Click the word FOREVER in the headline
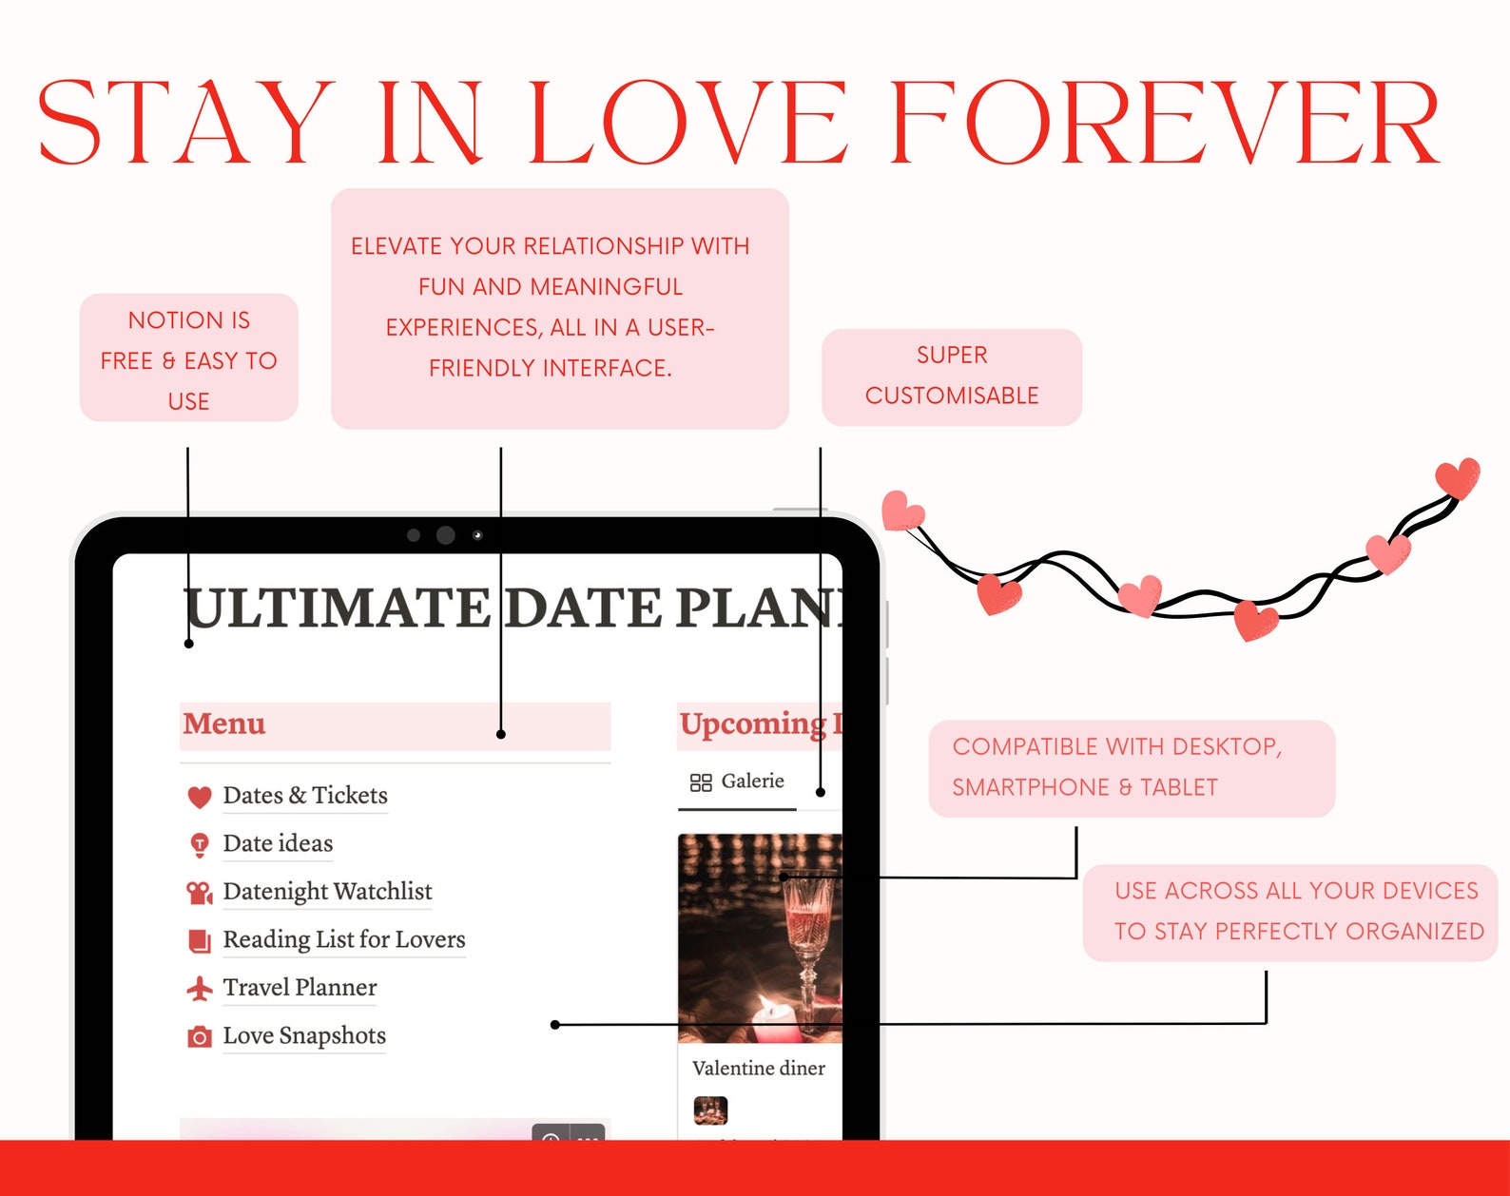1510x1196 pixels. coord(1164,124)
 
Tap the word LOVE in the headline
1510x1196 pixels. coord(687,124)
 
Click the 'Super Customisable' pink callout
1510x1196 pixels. coord(952,376)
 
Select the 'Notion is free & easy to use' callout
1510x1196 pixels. coord(188,358)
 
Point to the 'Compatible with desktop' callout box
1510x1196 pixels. coord(1131,768)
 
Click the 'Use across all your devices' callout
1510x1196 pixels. coord(1290,912)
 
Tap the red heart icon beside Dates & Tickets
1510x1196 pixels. coord(200,797)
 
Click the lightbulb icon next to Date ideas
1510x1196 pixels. coord(200,844)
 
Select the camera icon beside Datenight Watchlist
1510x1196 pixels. coord(200,892)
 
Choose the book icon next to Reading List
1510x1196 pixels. coord(200,940)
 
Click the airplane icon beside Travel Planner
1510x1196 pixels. coord(200,989)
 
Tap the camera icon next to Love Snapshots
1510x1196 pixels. coord(200,1036)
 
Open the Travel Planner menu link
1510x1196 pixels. coord(300,988)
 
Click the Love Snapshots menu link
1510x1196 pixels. coord(304,1035)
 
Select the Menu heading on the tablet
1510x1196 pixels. coord(224,723)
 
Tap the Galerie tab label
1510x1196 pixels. coord(752,781)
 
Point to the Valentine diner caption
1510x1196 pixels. coord(758,1068)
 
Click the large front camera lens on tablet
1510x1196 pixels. coord(445,535)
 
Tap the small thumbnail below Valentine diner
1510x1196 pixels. coord(710,1109)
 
